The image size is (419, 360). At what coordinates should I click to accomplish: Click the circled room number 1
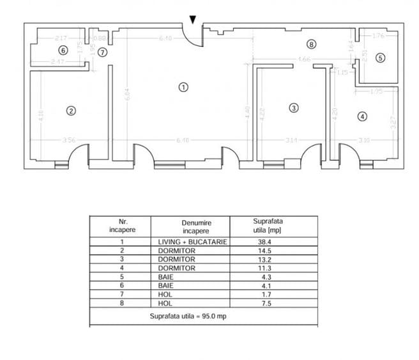coord(183,88)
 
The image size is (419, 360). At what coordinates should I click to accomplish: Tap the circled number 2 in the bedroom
coord(72,111)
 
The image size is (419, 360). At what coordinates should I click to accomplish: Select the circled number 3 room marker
coord(293,107)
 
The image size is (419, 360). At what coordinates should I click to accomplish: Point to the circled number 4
coord(362,116)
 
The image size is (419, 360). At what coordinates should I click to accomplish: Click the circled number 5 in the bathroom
coord(380,58)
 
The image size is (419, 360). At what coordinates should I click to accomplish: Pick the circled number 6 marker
coord(62,50)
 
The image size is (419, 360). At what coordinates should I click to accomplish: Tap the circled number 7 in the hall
coord(103,52)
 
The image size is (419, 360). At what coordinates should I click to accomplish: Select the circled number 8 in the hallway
coord(311,45)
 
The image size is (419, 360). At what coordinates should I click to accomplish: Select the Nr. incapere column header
coord(119,225)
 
